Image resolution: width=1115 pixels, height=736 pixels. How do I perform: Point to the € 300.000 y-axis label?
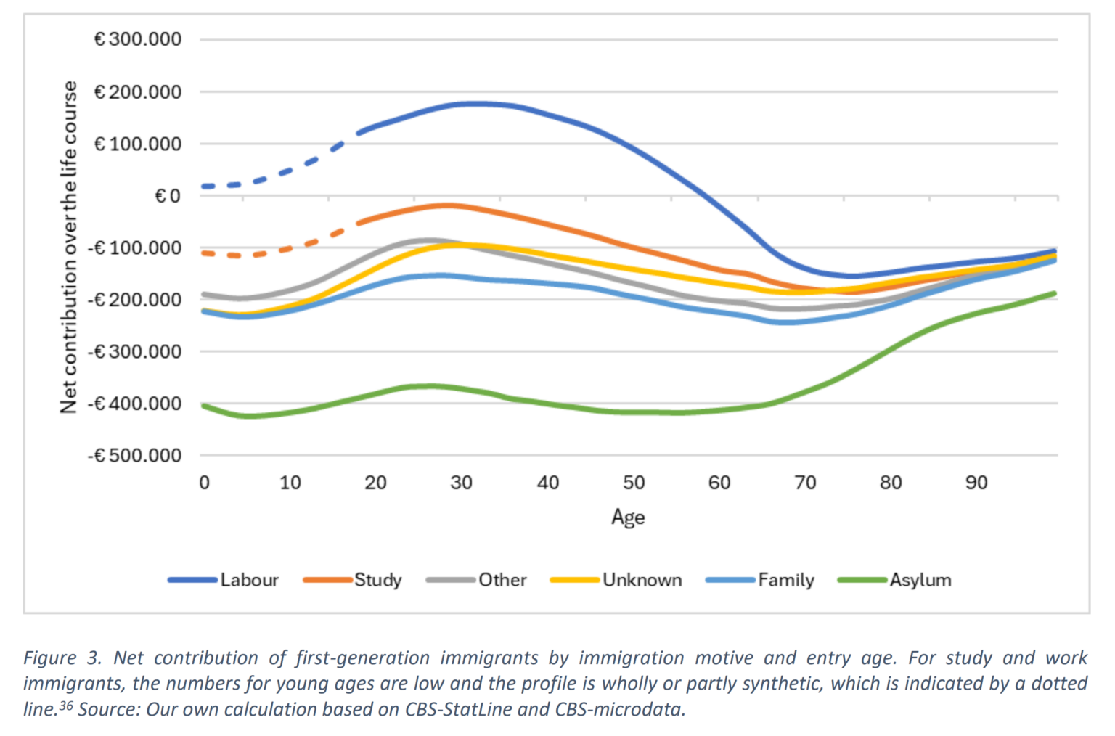coord(138,39)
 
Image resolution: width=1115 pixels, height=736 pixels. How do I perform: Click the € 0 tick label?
coord(168,196)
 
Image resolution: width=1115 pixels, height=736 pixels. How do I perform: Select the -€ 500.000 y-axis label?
coord(135,456)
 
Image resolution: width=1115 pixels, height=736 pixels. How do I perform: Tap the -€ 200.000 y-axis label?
coord(135,300)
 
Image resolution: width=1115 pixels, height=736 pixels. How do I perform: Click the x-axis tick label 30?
coord(461,483)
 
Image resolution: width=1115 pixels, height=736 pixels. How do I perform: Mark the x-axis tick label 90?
coord(976,483)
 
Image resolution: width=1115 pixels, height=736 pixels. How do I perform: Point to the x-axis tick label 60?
coord(719,483)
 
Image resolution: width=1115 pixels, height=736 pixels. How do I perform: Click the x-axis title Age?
coord(628,518)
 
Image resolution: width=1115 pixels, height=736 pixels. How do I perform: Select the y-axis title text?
coord(69,247)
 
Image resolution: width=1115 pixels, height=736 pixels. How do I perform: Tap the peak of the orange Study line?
coord(446,205)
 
